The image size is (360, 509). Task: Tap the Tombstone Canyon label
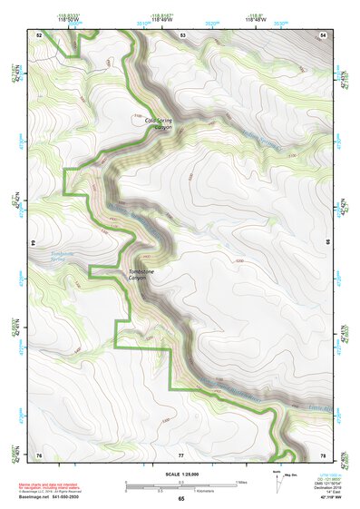(x=144, y=274)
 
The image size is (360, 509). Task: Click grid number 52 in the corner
(x=39, y=34)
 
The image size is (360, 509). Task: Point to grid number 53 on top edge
(x=181, y=34)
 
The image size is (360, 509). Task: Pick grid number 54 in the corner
(x=324, y=34)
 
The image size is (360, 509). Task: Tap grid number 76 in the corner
(x=39, y=454)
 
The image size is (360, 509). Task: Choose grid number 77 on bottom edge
(x=181, y=454)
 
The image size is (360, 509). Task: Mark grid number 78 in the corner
(x=324, y=454)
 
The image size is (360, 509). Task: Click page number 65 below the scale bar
(x=181, y=499)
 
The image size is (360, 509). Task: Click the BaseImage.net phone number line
(x=47, y=496)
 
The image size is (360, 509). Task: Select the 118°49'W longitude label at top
(x=162, y=19)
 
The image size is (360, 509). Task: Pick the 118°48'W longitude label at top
(x=250, y=19)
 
